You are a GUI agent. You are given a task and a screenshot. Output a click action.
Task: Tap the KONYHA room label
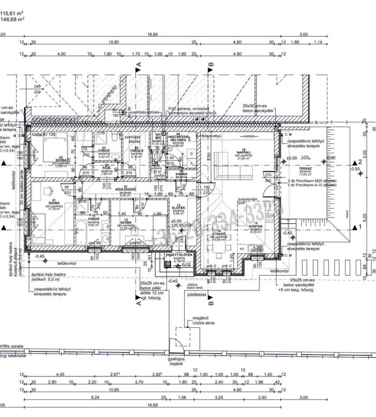point(256,227)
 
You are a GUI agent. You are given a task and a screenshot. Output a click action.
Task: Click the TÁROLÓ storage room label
point(135,151)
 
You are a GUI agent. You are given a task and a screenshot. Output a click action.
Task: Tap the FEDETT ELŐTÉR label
point(179,255)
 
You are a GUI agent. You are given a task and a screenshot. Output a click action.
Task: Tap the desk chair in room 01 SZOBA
point(48,190)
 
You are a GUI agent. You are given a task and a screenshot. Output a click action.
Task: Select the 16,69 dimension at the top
point(152,34)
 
